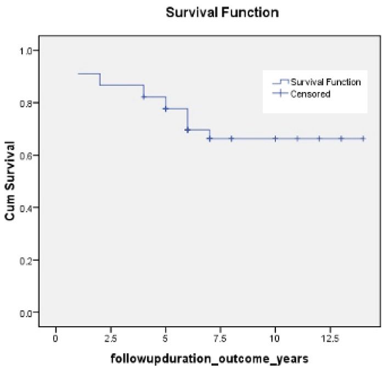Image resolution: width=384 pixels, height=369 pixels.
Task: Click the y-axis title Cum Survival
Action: [x=10, y=181]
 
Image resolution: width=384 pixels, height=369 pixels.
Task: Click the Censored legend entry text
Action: [x=310, y=94]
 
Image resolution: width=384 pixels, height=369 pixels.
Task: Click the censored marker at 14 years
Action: [x=363, y=139]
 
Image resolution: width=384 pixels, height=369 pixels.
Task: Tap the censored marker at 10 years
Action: [x=275, y=139]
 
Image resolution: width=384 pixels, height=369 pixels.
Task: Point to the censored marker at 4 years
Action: [x=144, y=97]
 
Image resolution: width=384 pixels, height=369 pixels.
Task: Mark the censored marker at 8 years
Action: [x=231, y=139]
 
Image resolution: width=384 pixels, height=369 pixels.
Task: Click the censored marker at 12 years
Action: [x=319, y=139]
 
